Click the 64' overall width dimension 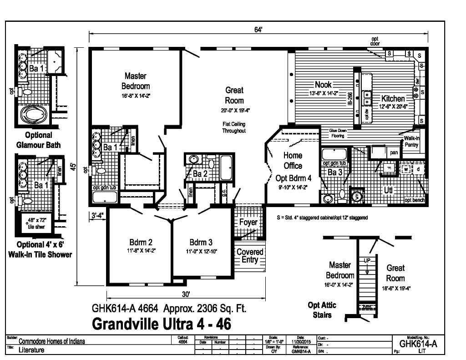click(x=258, y=30)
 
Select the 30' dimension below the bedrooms click(x=185, y=294)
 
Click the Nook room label click(x=323, y=85)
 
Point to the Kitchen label click(x=393, y=98)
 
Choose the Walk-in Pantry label click(x=411, y=141)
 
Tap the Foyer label click(x=248, y=223)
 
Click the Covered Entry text click(x=250, y=256)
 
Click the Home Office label click(x=293, y=161)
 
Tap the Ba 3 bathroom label click(x=335, y=172)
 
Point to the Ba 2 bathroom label click(x=200, y=174)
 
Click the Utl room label click(x=388, y=190)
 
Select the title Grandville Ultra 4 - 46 click(x=161, y=324)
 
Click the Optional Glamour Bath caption click(x=39, y=140)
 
